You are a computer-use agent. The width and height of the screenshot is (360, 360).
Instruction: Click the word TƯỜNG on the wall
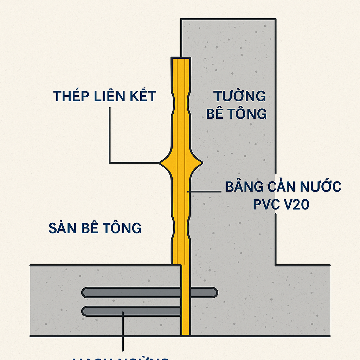(x=239, y=96)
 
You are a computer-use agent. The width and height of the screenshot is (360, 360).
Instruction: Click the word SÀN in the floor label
(x=62, y=228)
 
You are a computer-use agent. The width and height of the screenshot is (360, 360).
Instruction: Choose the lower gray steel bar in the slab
(x=134, y=311)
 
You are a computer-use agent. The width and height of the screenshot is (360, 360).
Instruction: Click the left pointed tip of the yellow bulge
(x=160, y=163)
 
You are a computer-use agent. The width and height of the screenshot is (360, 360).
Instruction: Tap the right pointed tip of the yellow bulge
(x=202, y=162)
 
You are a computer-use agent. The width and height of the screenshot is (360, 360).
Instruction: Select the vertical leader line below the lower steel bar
(x=123, y=330)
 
